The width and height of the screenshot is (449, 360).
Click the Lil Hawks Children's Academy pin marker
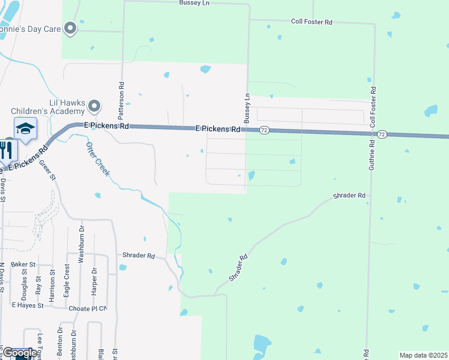(x=94, y=107)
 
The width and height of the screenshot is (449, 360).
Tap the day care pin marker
(x=71, y=28)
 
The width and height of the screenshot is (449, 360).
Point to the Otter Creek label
(x=98, y=160)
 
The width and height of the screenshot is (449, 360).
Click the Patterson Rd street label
(x=121, y=99)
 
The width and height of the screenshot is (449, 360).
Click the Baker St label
(x=23, y=264)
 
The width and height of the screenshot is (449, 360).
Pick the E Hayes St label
(x=28, y=305)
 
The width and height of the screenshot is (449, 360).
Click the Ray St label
(x=38, y=283)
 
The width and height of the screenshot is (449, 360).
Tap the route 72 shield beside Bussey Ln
(x=264, y=130)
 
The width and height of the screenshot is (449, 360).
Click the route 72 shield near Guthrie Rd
(x=382, y=134)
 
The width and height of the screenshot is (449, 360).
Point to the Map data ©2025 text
(x=423, y=355)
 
